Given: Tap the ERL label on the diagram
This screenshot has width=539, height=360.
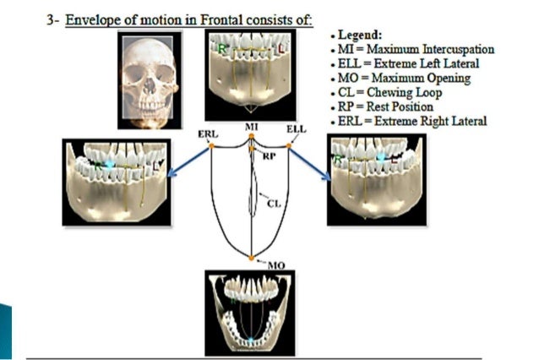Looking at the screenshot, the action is coord(209,134).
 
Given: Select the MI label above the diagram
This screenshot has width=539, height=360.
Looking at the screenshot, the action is coord(251,127).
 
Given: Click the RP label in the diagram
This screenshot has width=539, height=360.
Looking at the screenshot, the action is coord(269,156).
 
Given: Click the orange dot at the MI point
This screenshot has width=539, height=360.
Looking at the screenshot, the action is coord(251,140).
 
